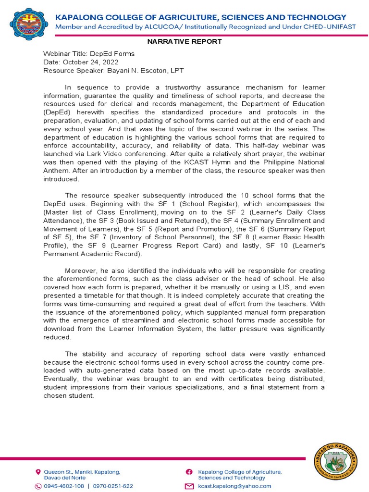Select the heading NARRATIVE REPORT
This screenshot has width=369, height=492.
coord(184,41)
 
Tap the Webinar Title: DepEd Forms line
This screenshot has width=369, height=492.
coord(89,54)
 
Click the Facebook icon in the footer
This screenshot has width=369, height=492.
coord(189,472)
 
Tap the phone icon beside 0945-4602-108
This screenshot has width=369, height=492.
coord(38,486)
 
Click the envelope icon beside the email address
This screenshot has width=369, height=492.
coord(189,486)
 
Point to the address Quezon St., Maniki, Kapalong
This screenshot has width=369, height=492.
coord(82,472)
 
